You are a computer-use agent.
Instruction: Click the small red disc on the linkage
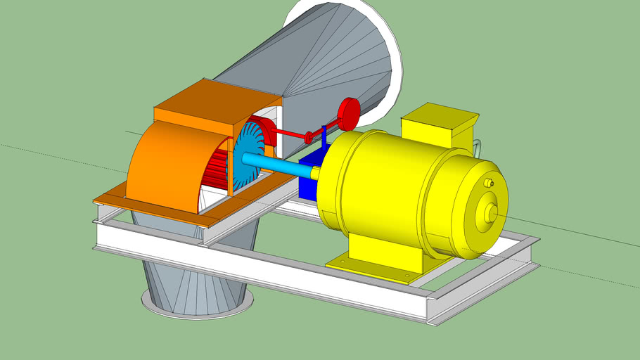(x=308, y=137)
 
